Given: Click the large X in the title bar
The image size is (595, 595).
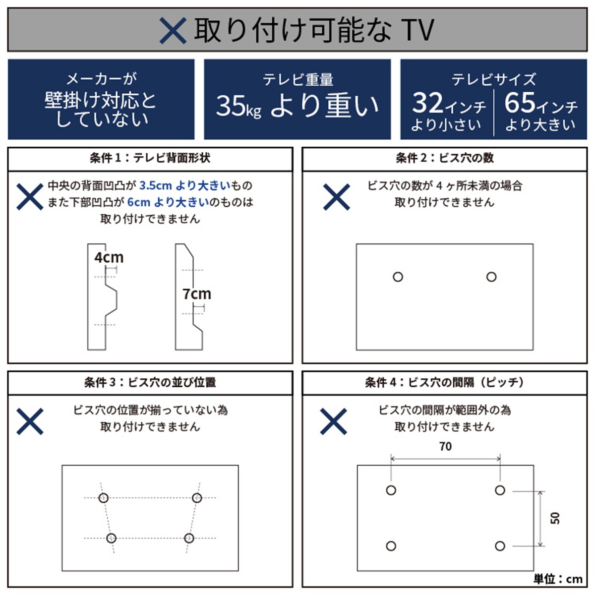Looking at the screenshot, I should [173, 30].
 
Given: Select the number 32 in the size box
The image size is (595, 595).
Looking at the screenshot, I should [427, 103].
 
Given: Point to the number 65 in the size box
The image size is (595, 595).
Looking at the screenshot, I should [520, 103].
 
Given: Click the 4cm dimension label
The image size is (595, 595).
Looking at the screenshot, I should [109, 257].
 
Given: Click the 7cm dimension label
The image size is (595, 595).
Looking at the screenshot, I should [196, 294].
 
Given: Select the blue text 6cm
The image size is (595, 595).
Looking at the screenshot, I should [138, 202].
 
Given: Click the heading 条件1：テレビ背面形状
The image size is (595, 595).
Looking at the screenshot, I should [150, 158].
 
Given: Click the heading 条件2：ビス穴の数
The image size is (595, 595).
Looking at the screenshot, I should [444, 158].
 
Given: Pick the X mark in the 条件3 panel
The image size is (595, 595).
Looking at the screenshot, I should [30, 421].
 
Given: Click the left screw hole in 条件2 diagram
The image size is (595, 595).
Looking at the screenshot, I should [398, 277].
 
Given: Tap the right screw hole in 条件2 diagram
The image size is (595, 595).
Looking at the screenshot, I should [491, 277].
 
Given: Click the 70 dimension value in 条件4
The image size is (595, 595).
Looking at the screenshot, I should [445, 446].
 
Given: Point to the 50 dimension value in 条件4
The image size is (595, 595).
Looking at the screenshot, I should [555, 518].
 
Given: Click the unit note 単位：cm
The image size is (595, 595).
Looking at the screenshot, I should [558, 579].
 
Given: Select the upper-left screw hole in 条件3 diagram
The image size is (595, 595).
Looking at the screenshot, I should [103, 498].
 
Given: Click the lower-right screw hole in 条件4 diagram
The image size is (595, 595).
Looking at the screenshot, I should [500, 546].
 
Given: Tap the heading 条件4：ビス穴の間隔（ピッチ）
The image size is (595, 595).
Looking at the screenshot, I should [444, 382].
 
